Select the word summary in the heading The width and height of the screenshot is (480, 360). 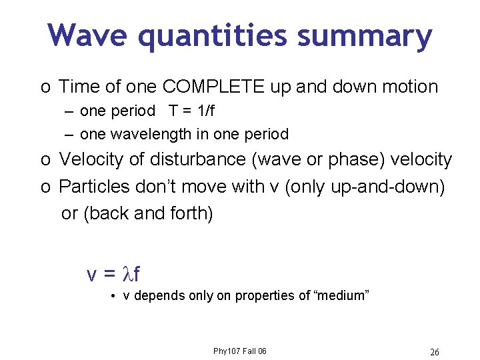(x=365, y=36)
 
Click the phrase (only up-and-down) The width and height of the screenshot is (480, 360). (x=365, y=187)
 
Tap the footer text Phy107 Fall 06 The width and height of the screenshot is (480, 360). (x=239, y=351)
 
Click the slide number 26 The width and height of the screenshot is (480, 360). (x=435, y=351)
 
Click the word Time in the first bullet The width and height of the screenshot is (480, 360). (x=79, y=87)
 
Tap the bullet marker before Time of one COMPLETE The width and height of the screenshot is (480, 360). (x=44, y=87)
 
